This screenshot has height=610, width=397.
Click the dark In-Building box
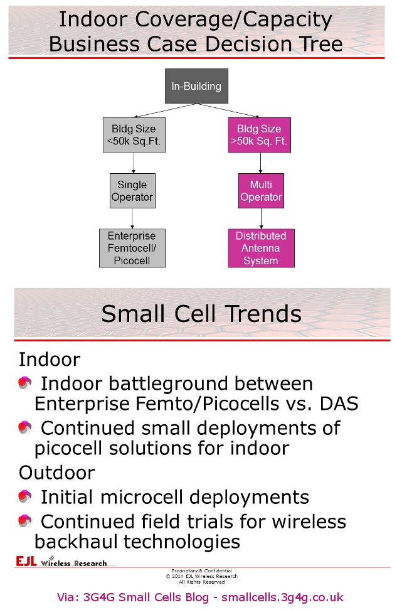tap(196, 86)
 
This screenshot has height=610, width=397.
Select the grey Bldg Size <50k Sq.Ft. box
tap(134, 135)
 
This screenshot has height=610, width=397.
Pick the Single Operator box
tap(132, 191)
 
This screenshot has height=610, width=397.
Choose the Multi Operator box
tap(261, 191)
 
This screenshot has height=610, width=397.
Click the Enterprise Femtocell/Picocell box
tap(132, 248)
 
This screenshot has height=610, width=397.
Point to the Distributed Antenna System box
tap(261, 248)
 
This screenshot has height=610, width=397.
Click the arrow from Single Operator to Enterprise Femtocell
tap(132, 218)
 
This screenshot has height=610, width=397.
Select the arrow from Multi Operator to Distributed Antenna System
tap(261, 218)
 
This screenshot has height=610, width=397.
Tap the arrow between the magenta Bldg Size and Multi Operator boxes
tap(261, 163)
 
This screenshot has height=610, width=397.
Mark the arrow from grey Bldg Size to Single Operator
tap(133, 163)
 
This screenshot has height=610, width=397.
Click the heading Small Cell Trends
tap(201, 313)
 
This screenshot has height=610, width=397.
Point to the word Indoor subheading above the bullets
tap(50, 360)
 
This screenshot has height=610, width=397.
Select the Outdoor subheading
tap(56, 472)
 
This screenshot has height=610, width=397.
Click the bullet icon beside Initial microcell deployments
tap(24, 497)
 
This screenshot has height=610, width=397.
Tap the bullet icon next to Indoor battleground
tap(24, 383)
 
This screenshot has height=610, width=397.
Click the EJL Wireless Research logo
tap(61, 561)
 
